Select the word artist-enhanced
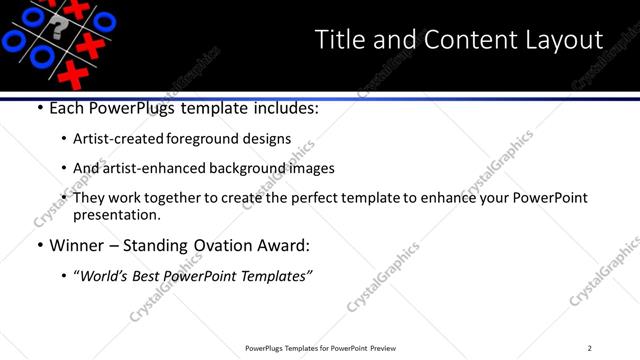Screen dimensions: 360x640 tap(152, 169)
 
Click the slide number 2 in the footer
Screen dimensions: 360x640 tap(590, 348)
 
